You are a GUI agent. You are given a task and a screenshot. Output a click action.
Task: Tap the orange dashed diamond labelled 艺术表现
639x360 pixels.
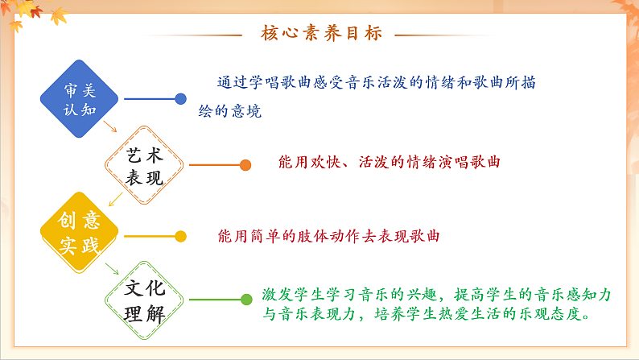click(x=146, y=166)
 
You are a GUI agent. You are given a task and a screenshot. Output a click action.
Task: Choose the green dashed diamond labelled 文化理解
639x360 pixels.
click(x=146, y=300)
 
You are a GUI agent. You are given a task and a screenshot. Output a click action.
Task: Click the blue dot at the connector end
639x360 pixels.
click(x=181, y=99)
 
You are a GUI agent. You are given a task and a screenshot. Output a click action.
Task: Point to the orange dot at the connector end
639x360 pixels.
click(x=245, y=165)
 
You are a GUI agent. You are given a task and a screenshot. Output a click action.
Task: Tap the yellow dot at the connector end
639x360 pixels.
click(x=181, y=236)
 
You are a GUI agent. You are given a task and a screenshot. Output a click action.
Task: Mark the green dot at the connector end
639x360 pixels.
click(x=246, y=300)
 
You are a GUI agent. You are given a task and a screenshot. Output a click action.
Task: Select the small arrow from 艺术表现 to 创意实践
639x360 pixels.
click(x=115, y=198)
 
